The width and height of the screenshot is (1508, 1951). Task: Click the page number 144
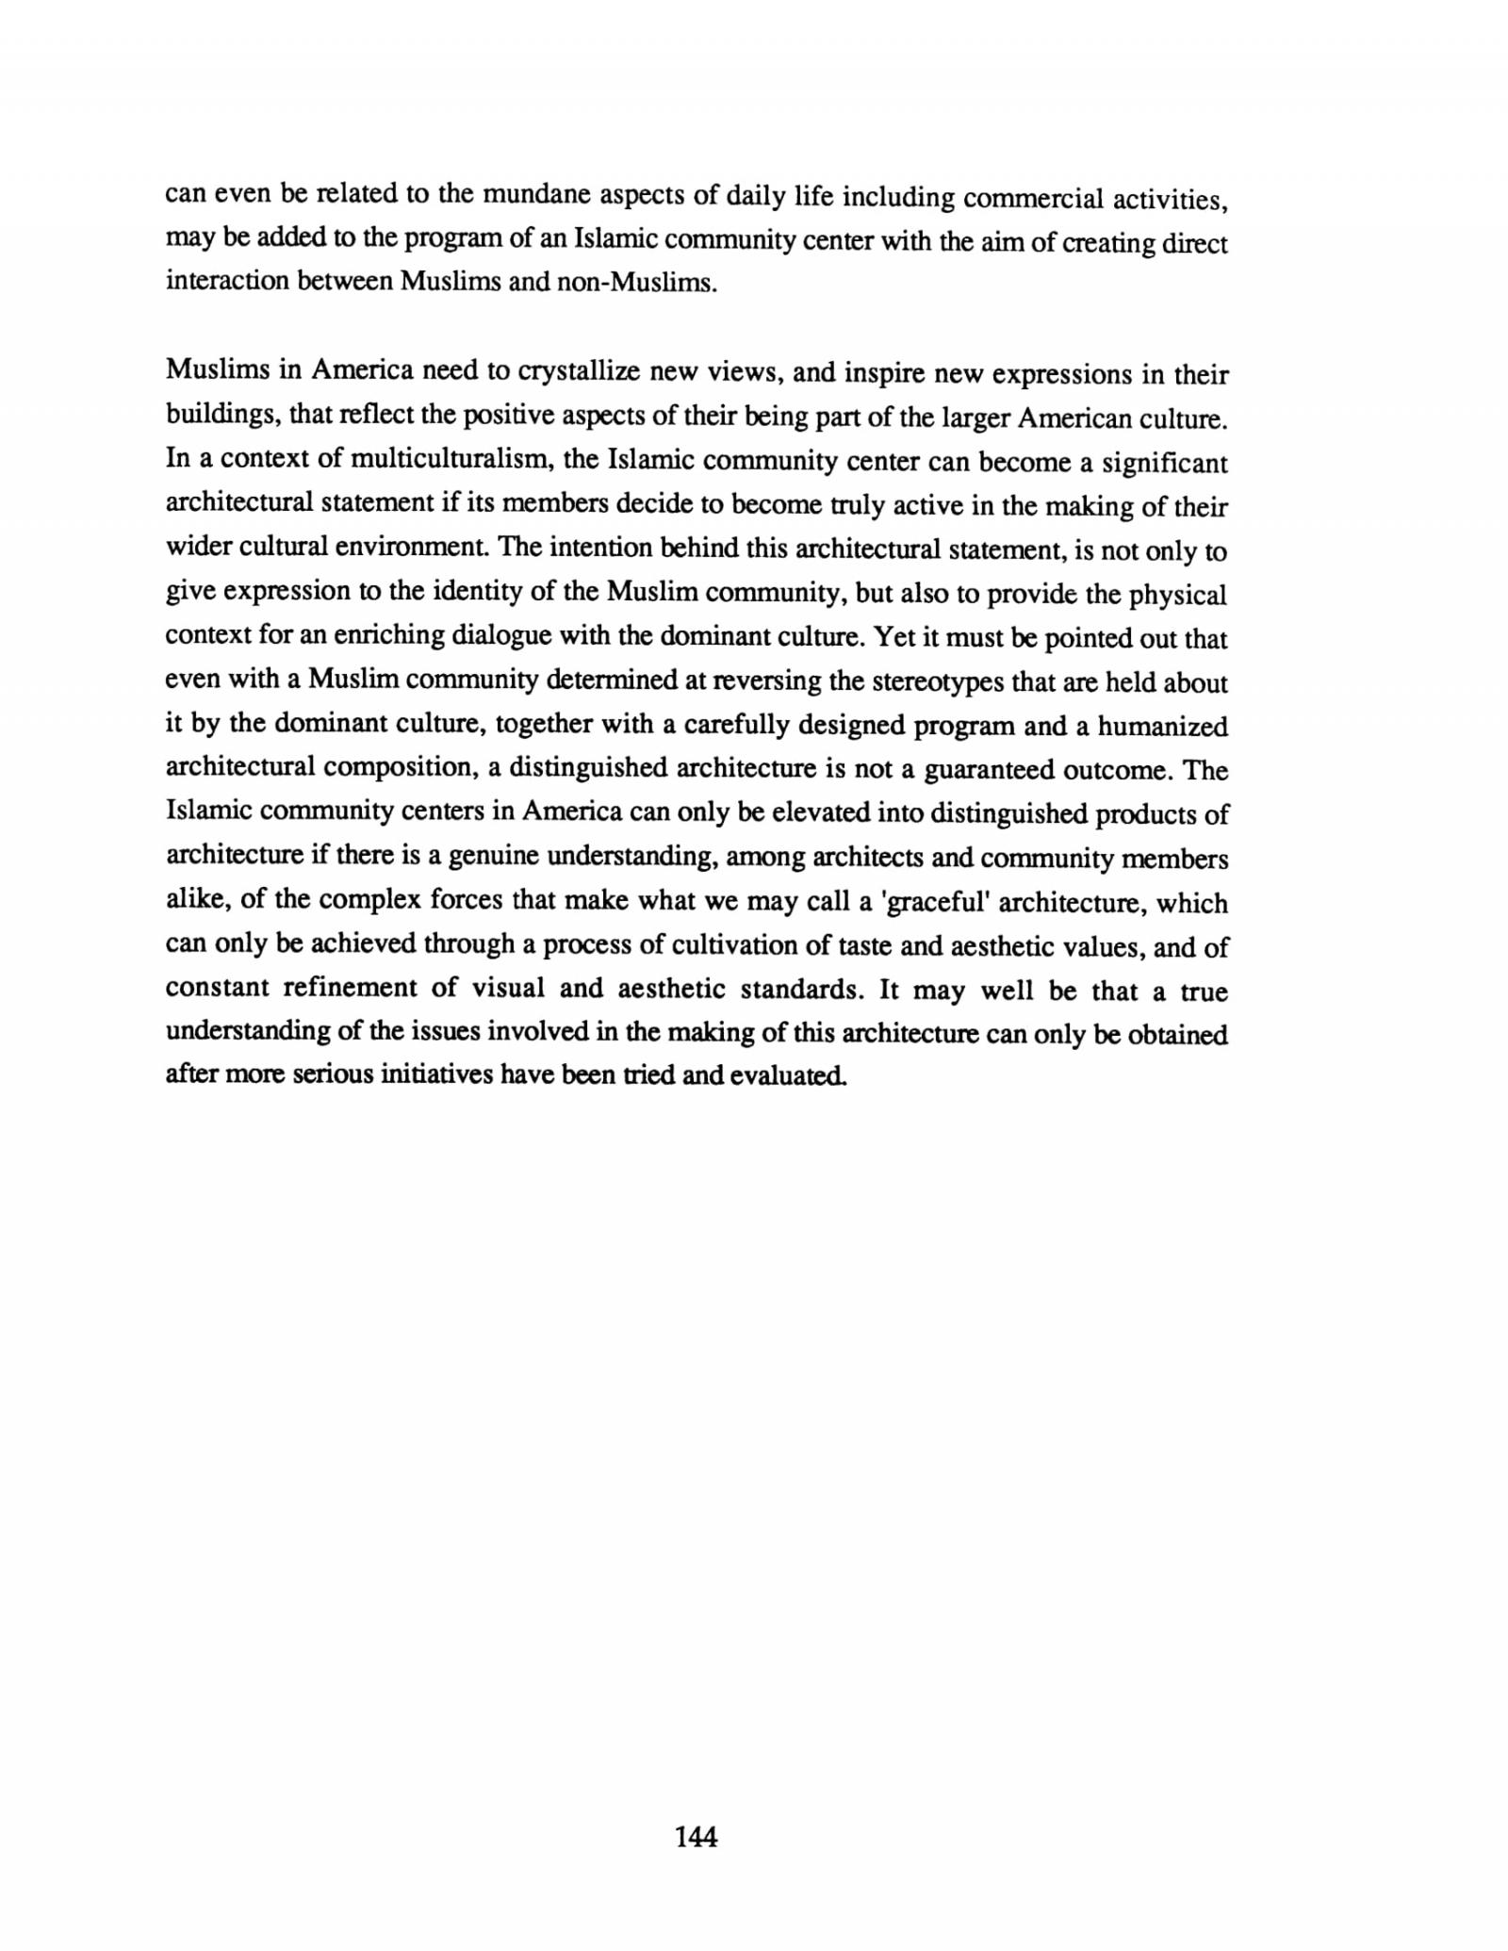click(697, 1836)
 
